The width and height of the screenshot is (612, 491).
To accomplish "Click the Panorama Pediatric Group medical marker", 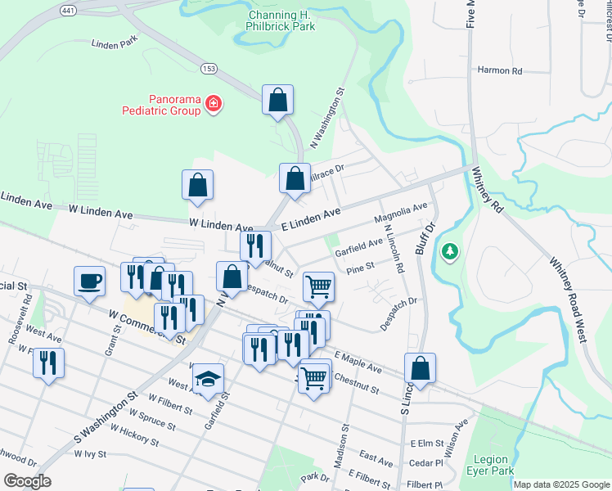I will (214, 103).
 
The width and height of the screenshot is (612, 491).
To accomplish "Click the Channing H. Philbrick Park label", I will (281, 20).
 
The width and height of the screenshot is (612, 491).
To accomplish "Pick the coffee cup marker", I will (90, 281).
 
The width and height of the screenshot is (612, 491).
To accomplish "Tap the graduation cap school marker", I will (208, 379).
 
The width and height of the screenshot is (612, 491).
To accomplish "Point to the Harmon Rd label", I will (500, 71).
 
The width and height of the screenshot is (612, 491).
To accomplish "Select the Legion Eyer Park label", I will (490, 465).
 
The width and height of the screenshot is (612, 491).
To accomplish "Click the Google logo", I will (26, 481).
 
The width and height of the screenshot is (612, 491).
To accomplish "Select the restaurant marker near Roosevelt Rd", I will (48, 363).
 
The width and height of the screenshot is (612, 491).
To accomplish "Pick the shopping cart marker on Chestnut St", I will (314, 377).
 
